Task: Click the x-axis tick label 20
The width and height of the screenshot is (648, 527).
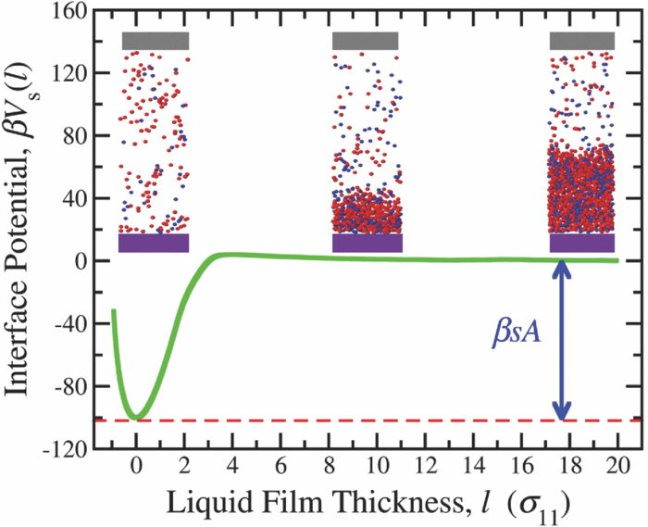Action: coord(618,467)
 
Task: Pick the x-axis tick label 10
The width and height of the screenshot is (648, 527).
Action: coord(378,467)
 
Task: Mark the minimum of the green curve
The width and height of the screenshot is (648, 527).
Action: coord(137,418)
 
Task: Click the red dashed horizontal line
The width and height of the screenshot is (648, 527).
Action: coord(370,420)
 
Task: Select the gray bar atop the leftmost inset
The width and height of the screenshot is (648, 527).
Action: coord(156,41)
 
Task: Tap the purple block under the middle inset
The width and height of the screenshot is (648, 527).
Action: coord(367,243)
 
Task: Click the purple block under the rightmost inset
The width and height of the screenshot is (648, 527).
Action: coord(582,243)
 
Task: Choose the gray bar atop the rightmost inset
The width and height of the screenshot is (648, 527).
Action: coord(582,41)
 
